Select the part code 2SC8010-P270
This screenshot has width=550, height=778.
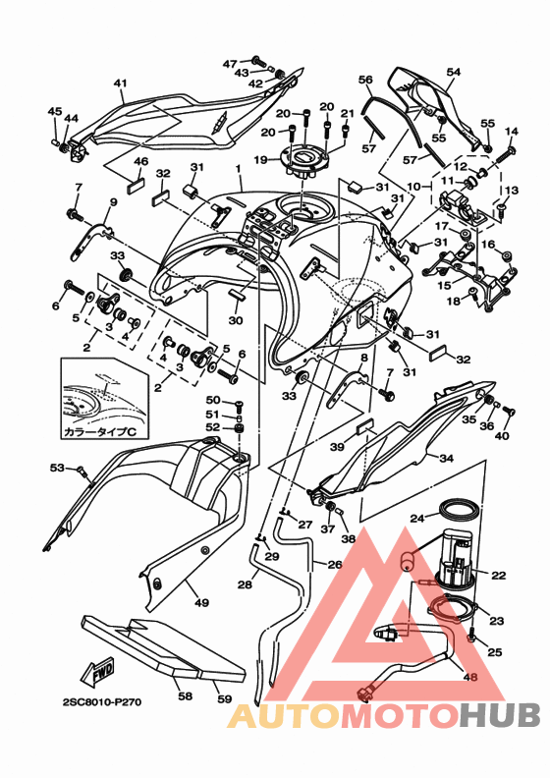102,702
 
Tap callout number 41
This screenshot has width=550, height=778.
121,83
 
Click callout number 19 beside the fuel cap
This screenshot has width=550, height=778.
261,160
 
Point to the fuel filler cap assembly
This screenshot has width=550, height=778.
305,161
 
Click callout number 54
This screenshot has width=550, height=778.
454,72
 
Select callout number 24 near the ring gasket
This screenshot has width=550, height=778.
418,519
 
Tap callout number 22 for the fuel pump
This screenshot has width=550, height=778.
498,575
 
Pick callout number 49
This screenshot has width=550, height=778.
202,603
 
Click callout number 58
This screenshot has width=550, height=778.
185,696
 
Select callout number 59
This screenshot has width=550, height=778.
225,698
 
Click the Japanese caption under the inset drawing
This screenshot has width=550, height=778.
99,431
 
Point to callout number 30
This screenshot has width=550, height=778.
236,320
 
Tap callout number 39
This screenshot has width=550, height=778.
337,447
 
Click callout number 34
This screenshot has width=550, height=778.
446,458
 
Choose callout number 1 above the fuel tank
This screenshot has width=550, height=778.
238,169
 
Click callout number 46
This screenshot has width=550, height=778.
141,161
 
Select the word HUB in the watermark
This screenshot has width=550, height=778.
499,715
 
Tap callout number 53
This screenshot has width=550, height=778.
57,467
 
